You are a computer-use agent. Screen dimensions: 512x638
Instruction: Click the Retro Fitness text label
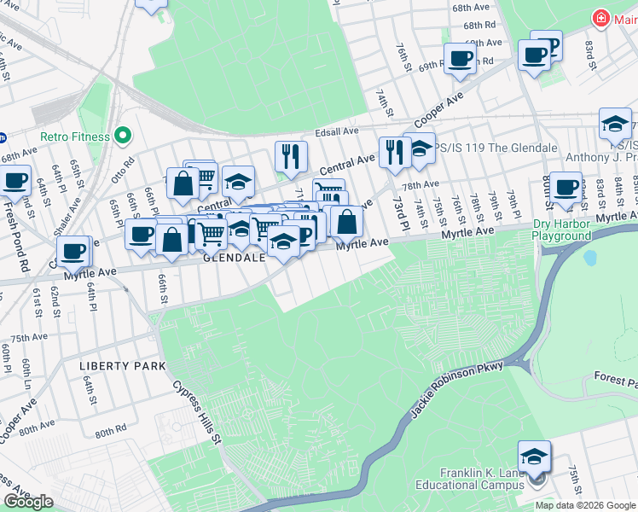(x=74, y=137)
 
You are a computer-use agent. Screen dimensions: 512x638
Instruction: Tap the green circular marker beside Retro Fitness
(x=124, y=136)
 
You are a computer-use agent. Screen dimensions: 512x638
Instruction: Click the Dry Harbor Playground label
(x=561, y=230)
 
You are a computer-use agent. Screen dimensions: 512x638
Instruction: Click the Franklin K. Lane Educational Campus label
(x=481, y=480)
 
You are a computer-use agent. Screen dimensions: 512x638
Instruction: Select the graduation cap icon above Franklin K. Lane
(x=534, y=457)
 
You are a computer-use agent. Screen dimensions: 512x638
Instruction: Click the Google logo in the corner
(x=29, y=502)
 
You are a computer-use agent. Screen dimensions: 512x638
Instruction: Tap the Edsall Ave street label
(x=337, y=131)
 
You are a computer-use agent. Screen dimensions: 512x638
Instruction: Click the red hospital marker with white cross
(x=601, y=18)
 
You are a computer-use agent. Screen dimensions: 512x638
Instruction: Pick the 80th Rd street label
(x=110, y=433)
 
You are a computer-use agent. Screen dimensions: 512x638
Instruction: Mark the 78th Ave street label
(x=420, y=184)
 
